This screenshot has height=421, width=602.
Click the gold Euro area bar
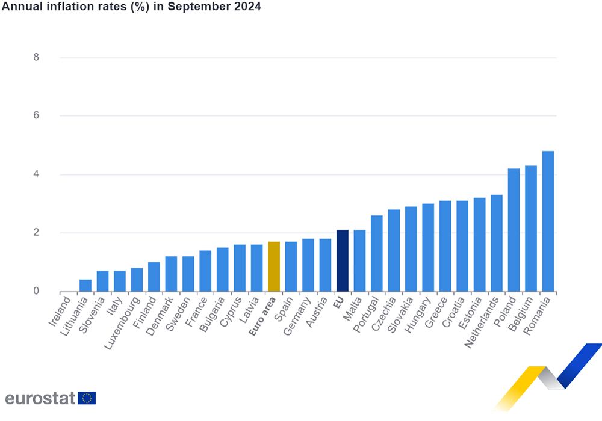(x=274, y=266)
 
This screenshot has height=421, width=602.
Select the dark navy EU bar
(x=343, y=261)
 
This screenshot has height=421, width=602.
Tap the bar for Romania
(x=548, y=221)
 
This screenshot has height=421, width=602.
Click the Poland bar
(x=514, y=230)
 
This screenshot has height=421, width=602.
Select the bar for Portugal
(x=377, y=254)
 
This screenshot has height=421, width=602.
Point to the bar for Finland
(x=154, y=277)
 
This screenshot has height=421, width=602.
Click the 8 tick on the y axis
(x=36, y=58)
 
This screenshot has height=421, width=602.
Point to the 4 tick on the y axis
(x=36, y=175)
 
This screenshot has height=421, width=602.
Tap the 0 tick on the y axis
(x=36, y=292)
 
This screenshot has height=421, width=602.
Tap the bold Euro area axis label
(x=263, y=315)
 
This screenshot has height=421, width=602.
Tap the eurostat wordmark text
(x=39, y=398)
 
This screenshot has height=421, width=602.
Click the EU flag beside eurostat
(x=87, y=398)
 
